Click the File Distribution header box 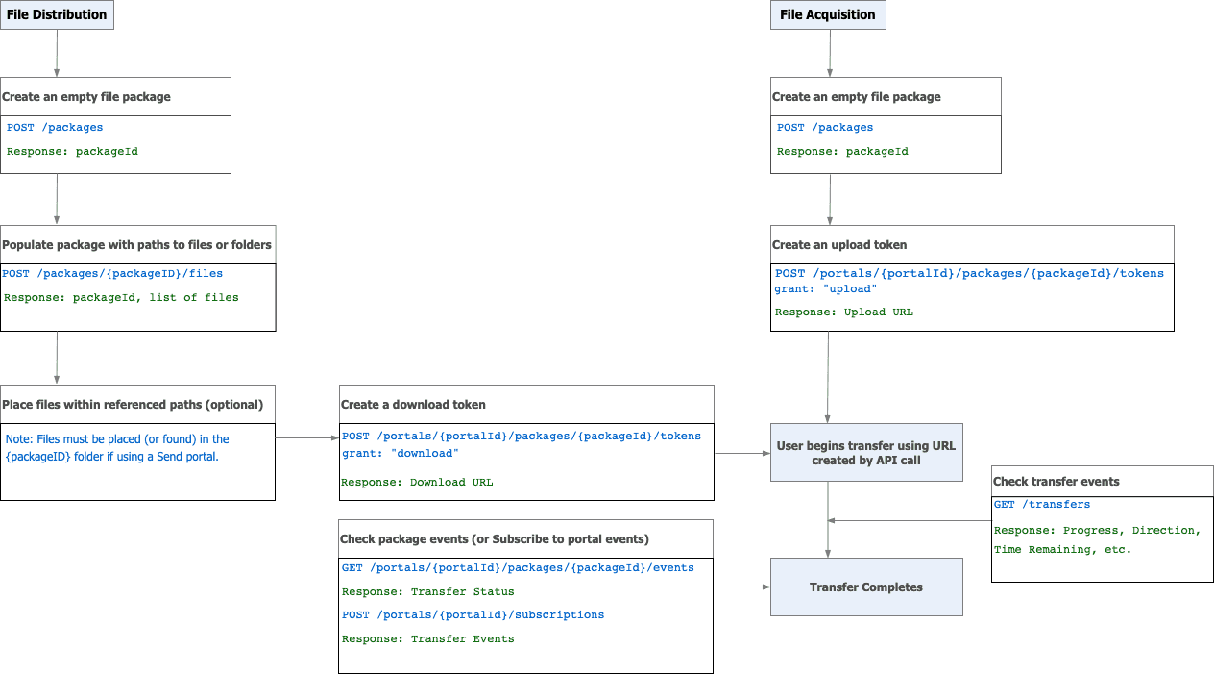57,14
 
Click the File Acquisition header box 827,14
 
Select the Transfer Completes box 865,587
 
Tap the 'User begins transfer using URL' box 865,453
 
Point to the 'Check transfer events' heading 1056,481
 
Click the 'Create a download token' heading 412,404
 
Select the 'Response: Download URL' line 417,482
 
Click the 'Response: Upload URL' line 844,312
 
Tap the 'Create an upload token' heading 838,244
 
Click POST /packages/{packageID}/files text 112,273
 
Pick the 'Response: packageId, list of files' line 121,297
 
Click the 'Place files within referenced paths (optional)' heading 133,404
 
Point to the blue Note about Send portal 117,447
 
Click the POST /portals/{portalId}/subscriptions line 473,614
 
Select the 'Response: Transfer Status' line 427,591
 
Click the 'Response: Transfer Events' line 427,638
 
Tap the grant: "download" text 401,453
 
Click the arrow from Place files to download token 306,438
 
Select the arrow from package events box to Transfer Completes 741,587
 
